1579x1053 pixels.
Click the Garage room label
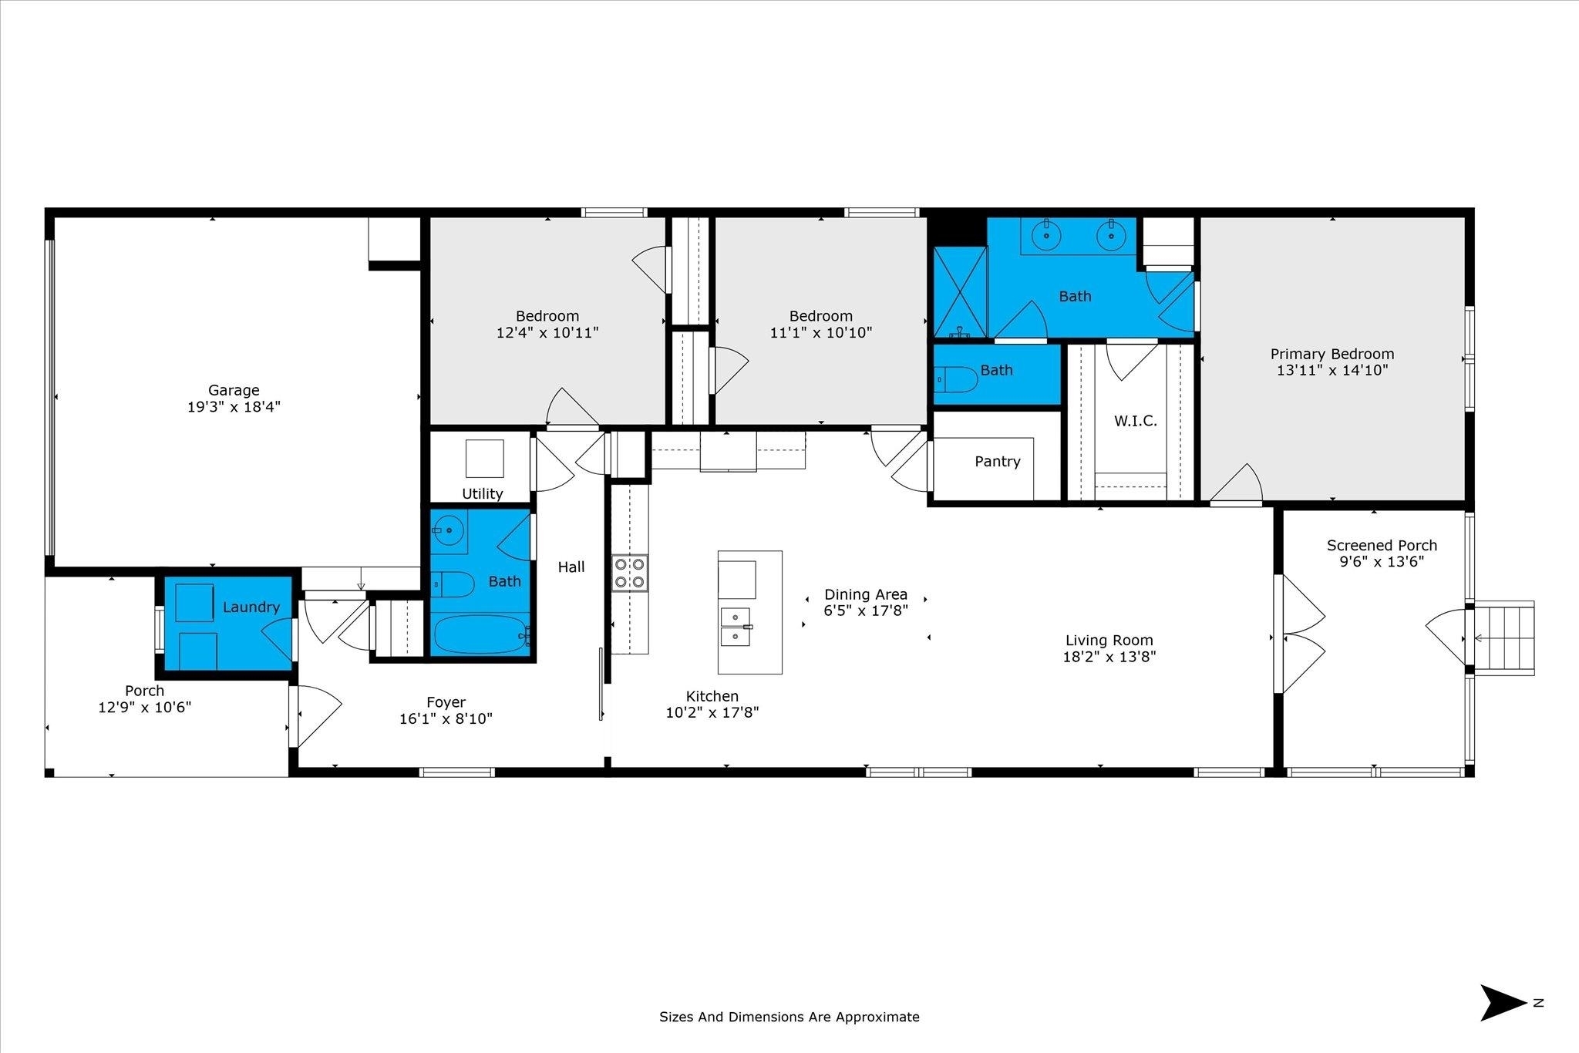pyautogui.click(x=234, y=390)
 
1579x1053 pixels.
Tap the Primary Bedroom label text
pyautogui.click(x=1332, y=354)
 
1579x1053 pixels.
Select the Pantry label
pyautogui.click(x=998, y=461)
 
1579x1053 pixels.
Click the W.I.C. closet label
pyautogui.click(x=1136, y=421)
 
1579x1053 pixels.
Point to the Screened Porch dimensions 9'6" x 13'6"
pyautogui.click(x=1382, y=562)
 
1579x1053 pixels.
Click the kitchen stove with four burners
pyautogui.click(x=630, y=574)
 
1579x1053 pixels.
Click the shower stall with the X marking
pyautogui.click(x=960, y=292)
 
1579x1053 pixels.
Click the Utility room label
pyautogui.click(x=483, y=493)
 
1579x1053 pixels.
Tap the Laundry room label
pyautogui.click(x=251, y=607)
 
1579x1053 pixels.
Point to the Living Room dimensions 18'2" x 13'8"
pyautogui.click(x=1109, y=657)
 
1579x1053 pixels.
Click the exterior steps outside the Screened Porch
pyautogui.click(x=1503, y=638)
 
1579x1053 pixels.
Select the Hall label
pyautogui.click(x=571, y=567)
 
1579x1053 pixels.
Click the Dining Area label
pyautogui.click(x=866, y=594)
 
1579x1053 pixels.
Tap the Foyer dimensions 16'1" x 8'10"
pyautogui.click(x=446, y=718)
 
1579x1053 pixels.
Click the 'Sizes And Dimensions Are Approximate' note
pyautogui.click(x=789, y=1017)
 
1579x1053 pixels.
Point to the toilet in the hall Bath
pyautogui.click(x=452, y=584)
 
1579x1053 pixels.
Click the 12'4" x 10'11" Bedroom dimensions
pyautogui.click(x=547, y=332)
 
